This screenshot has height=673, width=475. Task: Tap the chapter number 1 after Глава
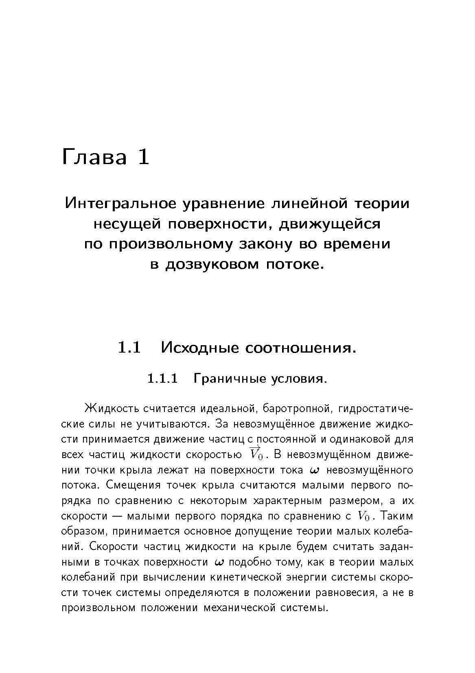(x=144, y=157)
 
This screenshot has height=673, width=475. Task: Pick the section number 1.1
(x=129, y=348)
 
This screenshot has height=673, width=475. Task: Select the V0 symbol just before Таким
(x=363, y=516)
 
